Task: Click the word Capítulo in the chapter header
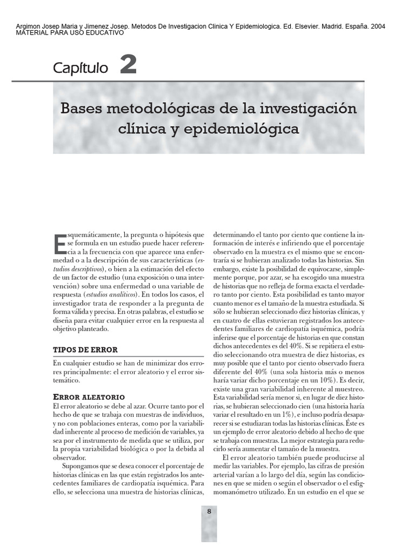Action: [x=81, y=68]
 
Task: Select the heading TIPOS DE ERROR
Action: [x=85, y=350]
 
